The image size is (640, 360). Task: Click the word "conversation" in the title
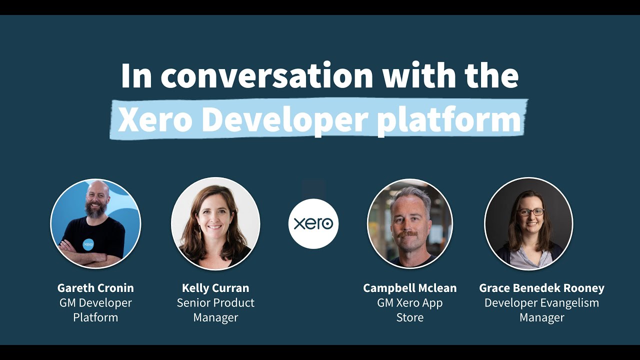267,76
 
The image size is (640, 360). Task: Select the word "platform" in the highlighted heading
449,120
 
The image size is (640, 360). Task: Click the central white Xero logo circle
313,223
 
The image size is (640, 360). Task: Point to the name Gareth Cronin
95,288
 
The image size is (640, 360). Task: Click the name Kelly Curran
215,288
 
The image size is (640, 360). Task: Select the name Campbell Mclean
409,288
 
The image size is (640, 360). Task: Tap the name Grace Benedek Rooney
541,288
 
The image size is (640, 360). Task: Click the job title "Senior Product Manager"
215,310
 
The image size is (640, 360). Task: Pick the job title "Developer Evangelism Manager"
541,310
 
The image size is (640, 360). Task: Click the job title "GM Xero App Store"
409,310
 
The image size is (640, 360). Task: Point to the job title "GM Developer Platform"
95,310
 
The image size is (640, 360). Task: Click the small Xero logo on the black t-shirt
88,244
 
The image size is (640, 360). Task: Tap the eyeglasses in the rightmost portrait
530,212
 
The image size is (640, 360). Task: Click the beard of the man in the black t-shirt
95,209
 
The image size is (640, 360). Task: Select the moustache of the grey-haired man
409,233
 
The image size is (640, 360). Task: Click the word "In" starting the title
136,76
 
